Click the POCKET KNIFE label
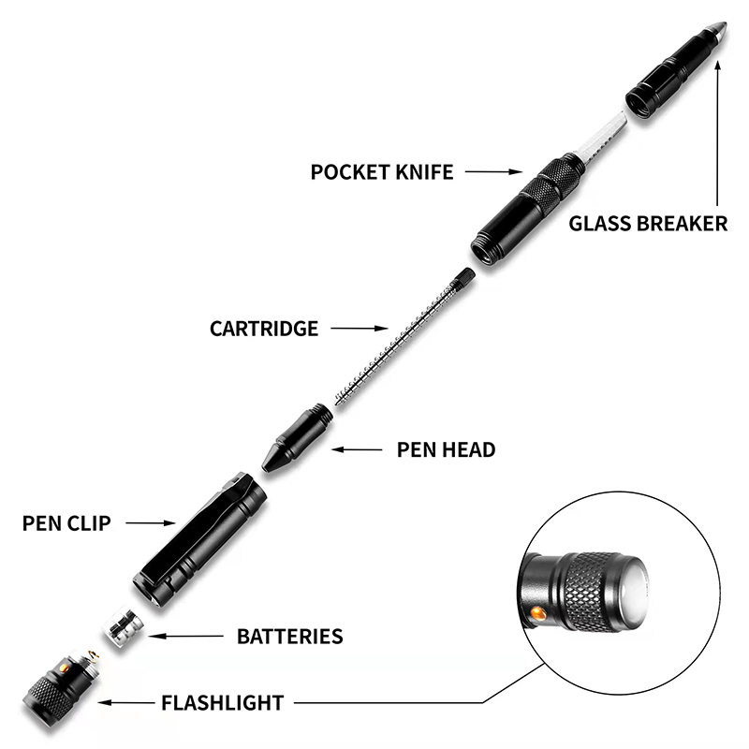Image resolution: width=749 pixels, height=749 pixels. (381, 172)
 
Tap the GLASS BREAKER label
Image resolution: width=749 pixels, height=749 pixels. (648, 224)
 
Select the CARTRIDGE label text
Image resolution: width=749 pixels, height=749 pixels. (264, 329)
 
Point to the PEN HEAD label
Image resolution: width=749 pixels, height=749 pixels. (446, 449)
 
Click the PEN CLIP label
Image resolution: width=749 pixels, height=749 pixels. (66, 523)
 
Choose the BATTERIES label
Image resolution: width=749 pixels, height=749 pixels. (289, 637)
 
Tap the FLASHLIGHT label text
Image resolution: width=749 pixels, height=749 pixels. (222, 701)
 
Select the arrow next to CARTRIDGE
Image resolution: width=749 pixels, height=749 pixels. (360, 329)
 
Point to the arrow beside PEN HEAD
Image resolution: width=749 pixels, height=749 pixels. (357, 449)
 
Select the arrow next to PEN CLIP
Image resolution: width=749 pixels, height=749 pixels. (151, 523)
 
